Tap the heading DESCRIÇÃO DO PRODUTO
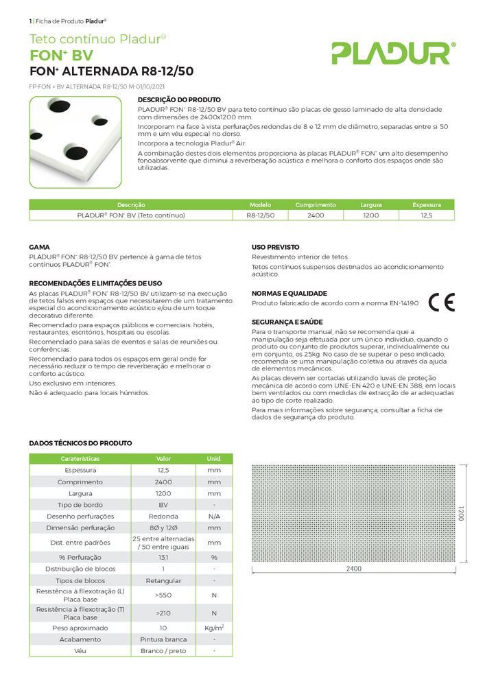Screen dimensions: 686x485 179,100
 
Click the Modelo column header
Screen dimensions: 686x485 260,204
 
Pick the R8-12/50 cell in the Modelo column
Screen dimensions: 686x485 260,215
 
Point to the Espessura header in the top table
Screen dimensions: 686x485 426,204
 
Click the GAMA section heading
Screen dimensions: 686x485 39,246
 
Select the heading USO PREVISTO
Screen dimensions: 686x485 275,246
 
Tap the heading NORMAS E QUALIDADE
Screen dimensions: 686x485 289,293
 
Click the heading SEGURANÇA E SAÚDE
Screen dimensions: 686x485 287,322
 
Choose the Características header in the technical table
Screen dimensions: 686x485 80,458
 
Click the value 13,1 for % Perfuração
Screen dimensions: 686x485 163,557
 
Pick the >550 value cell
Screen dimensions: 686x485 163,595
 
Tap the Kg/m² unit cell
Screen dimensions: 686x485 214,628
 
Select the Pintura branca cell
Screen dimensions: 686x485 163,639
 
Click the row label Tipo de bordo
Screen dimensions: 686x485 80,505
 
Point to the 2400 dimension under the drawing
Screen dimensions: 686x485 353,569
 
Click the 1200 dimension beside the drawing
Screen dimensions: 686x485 460,514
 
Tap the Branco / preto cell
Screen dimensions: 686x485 163,650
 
